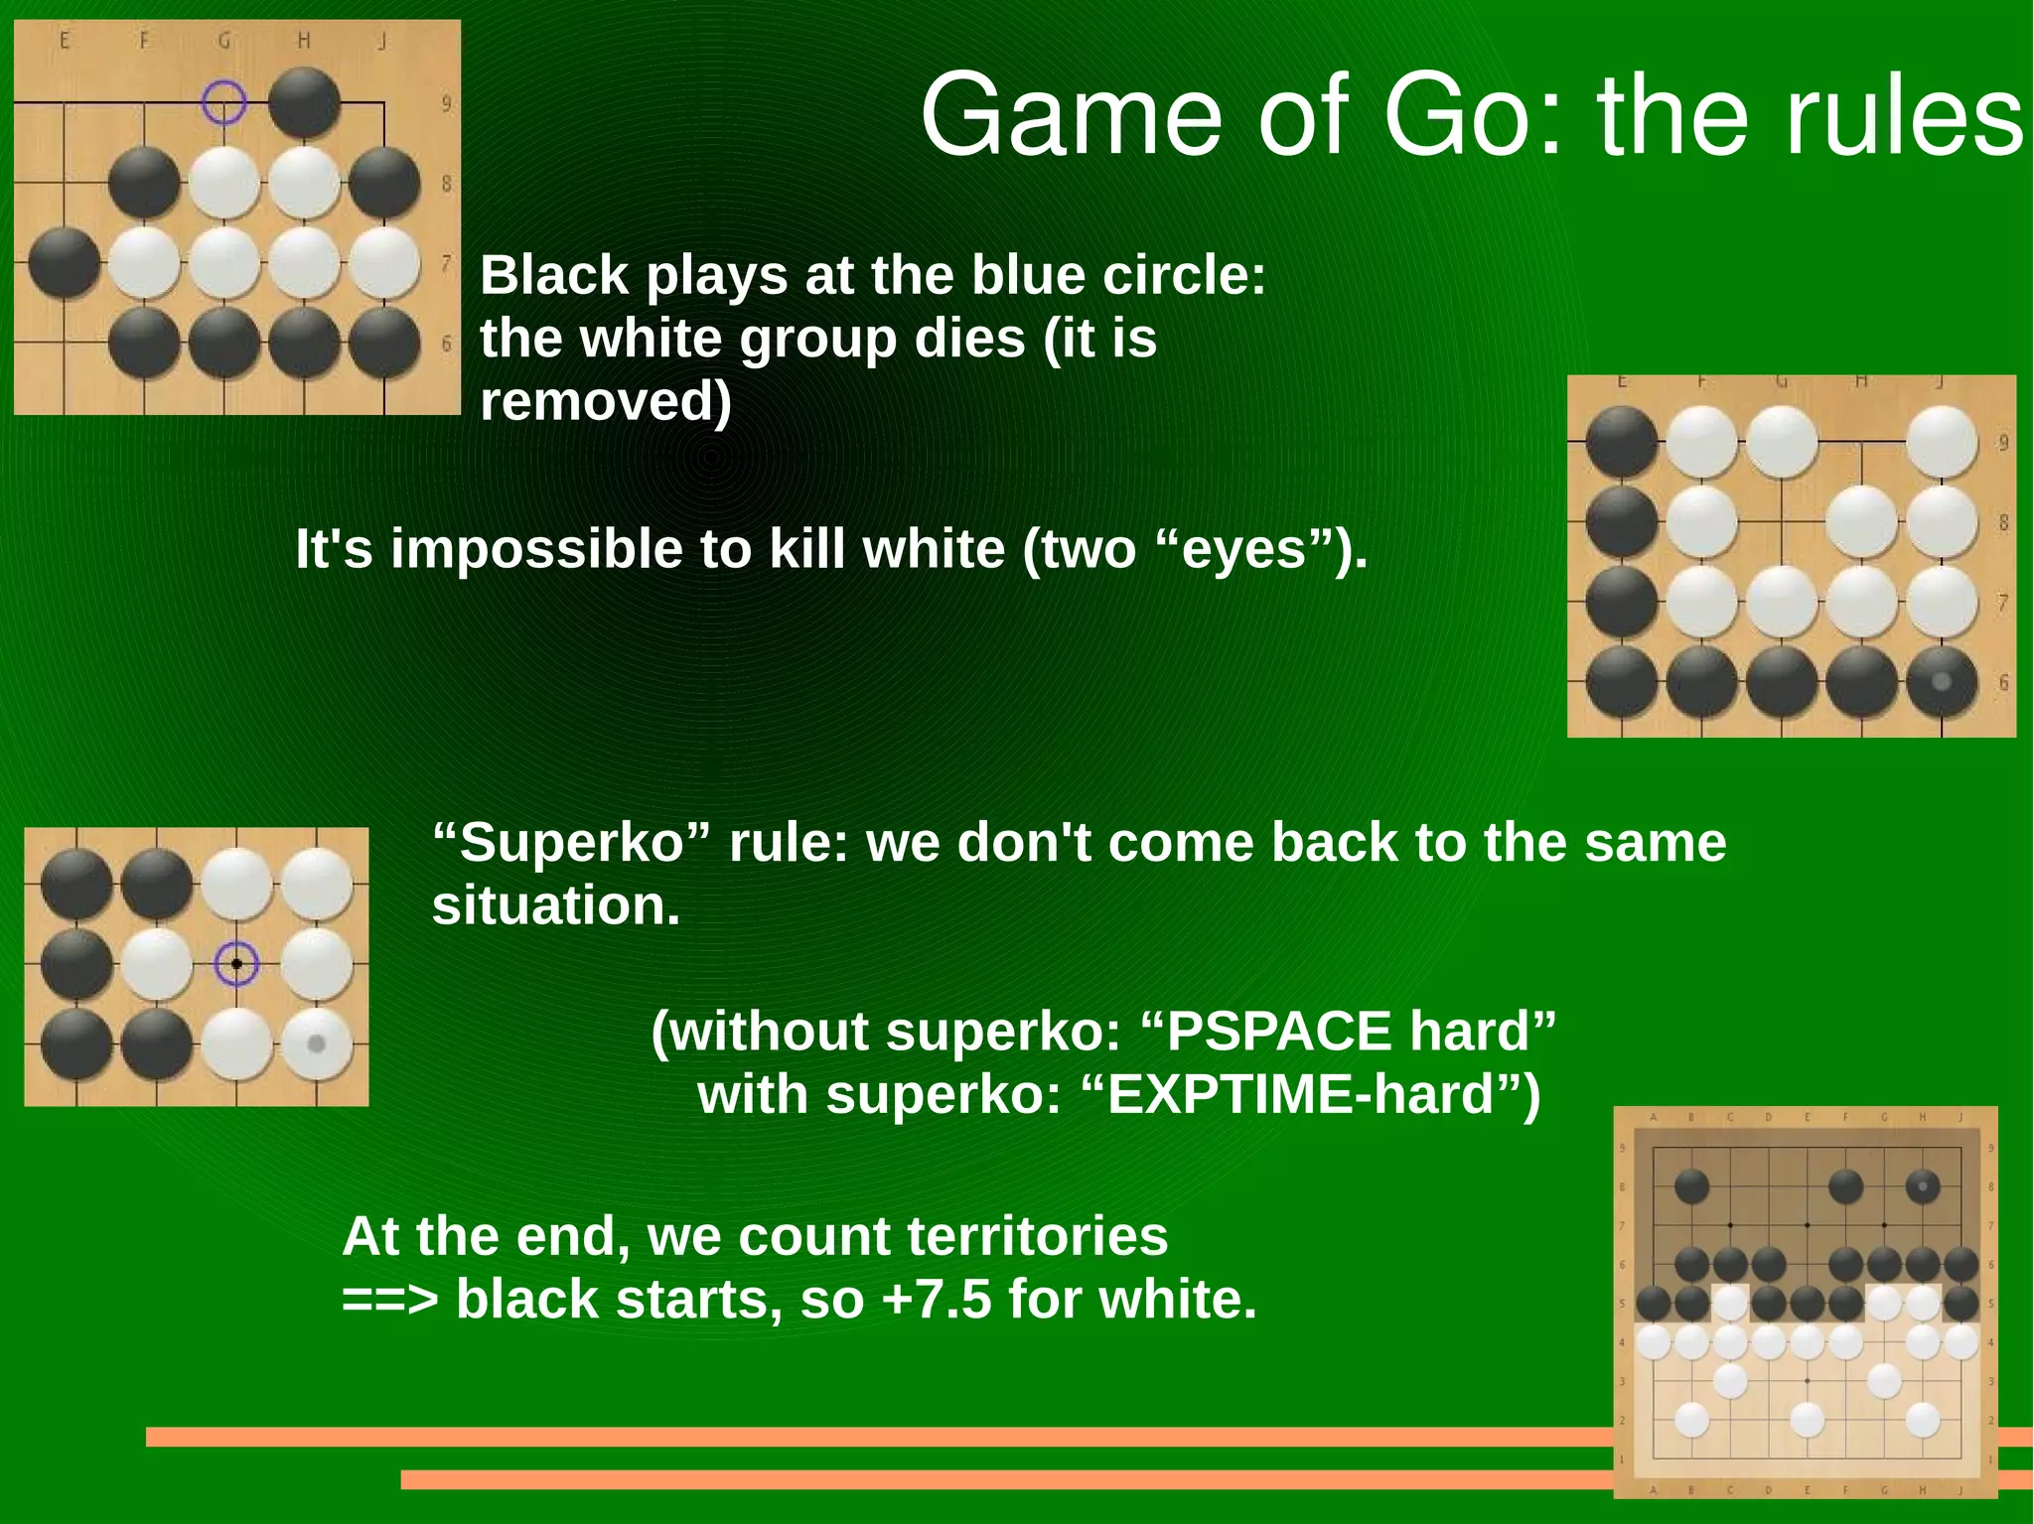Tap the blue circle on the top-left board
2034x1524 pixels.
[x=223, y=102]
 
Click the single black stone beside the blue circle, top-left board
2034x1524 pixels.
[x=304, y=102]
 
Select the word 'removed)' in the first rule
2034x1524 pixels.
[x=606, y=401]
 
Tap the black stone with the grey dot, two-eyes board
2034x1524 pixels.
[x=1941, y=682]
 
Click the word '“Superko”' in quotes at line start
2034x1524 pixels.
[x=572, y=842]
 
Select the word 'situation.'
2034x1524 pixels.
[x=556, y=905]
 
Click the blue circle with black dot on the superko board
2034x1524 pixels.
[x=236, y=963]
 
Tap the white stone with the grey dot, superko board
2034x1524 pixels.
[x=317, y=1043]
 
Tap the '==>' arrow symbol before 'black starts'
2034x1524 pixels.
[x=389, y=1299]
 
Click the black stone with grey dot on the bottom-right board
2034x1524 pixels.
[x=1923, y=1185]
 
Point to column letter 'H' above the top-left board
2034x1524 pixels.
[x=304, y=41]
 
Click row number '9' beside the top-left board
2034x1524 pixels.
[x=446, y=103]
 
